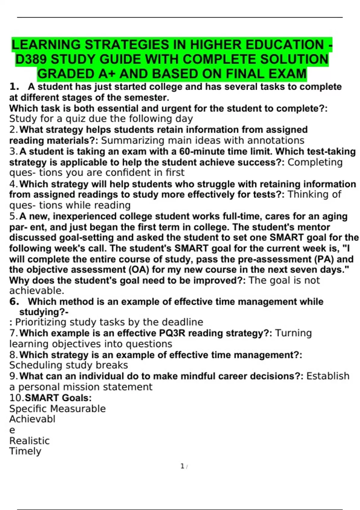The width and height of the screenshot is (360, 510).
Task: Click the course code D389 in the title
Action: (31, 59)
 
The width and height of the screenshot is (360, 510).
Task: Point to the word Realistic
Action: (29, 441)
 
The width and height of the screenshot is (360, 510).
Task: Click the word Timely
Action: (25, 451)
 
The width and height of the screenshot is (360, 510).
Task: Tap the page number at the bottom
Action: (182, 466)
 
